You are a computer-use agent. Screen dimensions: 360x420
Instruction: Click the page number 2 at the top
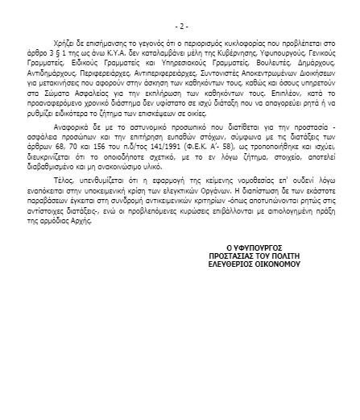pyautogui.click(x=180, y=26)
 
